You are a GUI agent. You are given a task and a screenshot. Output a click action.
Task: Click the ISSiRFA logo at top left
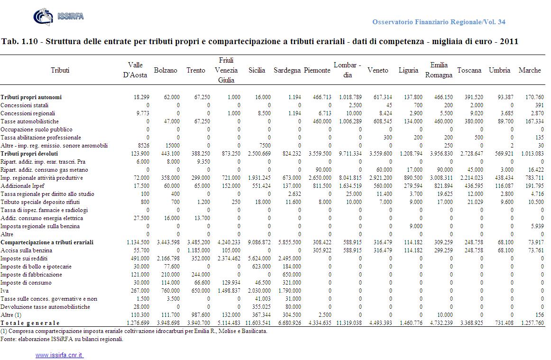click(58, 17)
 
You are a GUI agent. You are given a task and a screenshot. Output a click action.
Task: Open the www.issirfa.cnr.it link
click(59, 355)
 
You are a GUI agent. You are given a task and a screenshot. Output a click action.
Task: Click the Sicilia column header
click(257, 70)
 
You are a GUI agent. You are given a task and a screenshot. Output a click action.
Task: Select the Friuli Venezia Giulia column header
click(226, 70)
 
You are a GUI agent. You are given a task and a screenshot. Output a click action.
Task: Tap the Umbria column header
click(499, 70)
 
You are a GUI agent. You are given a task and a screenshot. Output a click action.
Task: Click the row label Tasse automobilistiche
click(28, 121)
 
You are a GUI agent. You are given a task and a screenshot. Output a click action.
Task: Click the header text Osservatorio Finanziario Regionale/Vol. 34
click(439, 22)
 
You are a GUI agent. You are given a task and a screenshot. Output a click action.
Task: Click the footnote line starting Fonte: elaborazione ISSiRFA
click(62, 339)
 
